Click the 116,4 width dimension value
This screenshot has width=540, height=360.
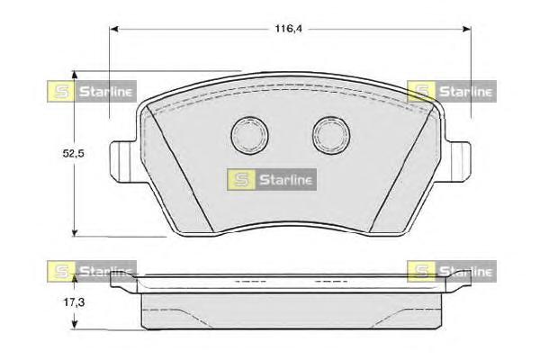287,30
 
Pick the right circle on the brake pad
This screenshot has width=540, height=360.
328,135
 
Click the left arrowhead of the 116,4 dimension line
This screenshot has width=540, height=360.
115,30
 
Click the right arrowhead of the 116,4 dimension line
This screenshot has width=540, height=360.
467,30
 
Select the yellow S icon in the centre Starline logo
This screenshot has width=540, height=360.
241,179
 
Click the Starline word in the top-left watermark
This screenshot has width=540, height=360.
105,90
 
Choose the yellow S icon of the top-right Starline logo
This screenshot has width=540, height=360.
421,90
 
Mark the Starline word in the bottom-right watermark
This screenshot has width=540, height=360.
465,270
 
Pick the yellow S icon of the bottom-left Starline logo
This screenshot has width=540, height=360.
60,270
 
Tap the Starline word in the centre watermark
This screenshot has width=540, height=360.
285,179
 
